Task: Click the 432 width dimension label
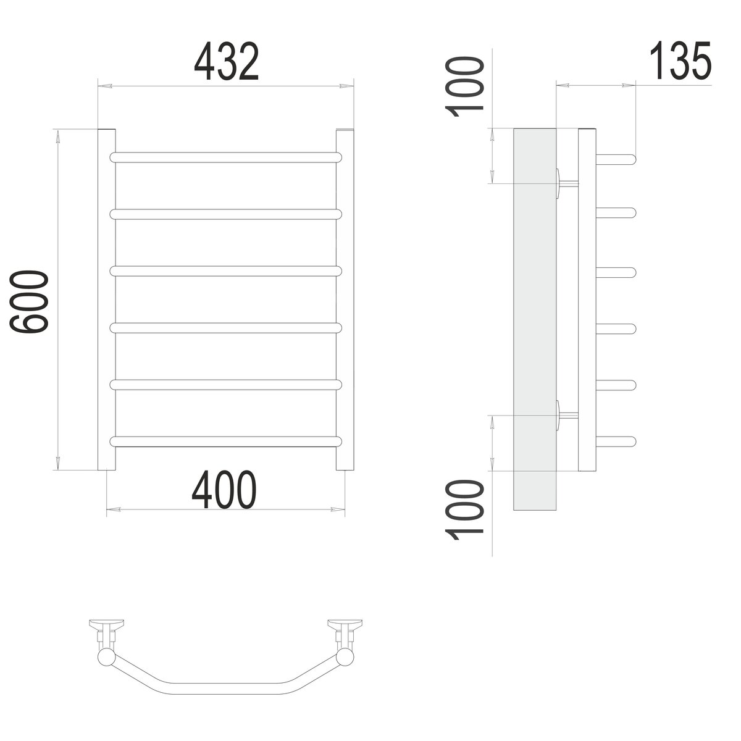click(226, 61)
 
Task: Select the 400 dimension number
click(224, 490)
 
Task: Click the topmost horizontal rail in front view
click(226, 157)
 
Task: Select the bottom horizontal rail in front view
click(226, 442)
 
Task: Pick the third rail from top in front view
click(226, 271)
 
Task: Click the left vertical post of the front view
click(106, 299)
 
